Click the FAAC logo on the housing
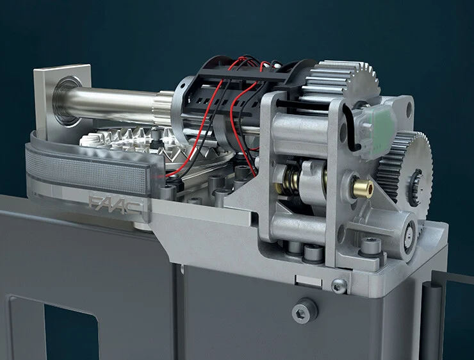pos(116,204)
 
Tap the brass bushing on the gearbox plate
pos(363,188)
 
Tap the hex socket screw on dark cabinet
pos(304,309)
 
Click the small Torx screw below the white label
pos(339,285)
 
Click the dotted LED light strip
pos(86,172)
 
